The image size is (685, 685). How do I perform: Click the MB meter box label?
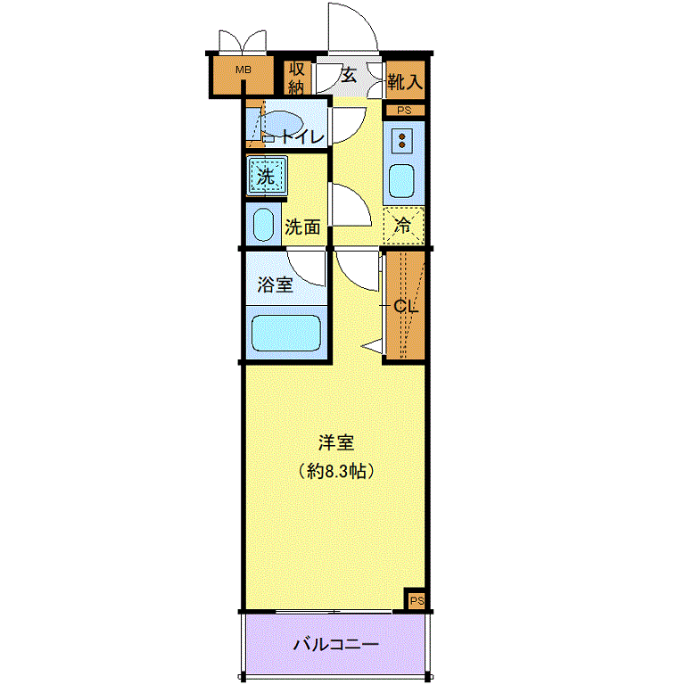coord(243,70)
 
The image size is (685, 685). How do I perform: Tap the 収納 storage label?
coord(297,78)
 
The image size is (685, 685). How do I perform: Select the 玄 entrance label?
coord(348,75)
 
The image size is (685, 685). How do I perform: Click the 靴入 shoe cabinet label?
coord(405,81)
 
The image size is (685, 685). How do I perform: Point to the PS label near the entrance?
coord(405,111)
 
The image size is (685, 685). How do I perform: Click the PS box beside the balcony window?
coord(416,600)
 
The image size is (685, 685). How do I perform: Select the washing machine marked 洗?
coord(267,176)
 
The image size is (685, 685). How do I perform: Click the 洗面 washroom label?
coord(302,227)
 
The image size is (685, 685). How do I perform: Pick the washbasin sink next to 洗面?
coord(263,224)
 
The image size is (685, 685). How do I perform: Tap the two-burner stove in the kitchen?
coord(402,140)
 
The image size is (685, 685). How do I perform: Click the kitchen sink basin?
coord(401,181)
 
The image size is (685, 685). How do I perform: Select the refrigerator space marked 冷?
coord(403,226)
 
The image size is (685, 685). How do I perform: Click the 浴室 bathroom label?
coord(275,285)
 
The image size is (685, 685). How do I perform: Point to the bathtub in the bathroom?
coord(285,333)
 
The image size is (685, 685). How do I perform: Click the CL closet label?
coord(406,306)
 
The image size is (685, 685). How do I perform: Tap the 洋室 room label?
coord(336,442)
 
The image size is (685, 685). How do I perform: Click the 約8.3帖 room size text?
coord(336,471)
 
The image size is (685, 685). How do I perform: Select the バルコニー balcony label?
coord(335,644)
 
